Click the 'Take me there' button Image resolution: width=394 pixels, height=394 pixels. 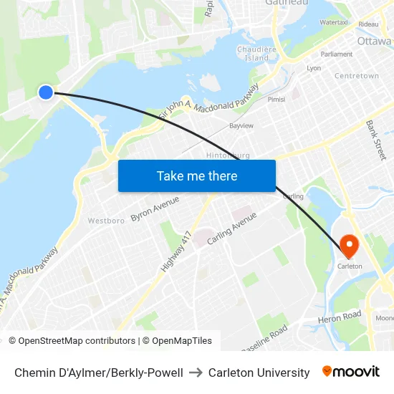(x=197, y=176)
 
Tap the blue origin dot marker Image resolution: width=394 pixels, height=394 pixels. (x=46, y=92)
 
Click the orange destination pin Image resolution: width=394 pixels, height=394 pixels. (x=350, y=246)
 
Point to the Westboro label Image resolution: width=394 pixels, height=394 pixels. (x=106, y=221)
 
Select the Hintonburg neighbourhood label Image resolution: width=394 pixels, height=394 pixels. (x=228, y=155)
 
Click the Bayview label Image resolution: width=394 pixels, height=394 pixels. (x=241, y=125)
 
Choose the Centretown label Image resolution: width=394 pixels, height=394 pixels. (x=356, y=76)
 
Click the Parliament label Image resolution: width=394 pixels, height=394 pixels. (x=337, y=54)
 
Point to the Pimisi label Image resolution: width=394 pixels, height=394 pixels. (x=276, y=100)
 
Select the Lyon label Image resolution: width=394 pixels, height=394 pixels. (x=314, y=68)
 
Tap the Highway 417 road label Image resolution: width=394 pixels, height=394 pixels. (x=176, y=251)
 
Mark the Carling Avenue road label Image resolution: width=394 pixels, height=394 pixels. (x=231, y=229)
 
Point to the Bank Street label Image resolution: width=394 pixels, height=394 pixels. (x=375, y=140)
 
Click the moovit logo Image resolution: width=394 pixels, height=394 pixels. (x=351, y=372)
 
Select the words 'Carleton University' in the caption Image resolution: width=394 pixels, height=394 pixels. (x=259, y=373)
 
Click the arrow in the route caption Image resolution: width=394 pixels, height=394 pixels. (x=196, y=373)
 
